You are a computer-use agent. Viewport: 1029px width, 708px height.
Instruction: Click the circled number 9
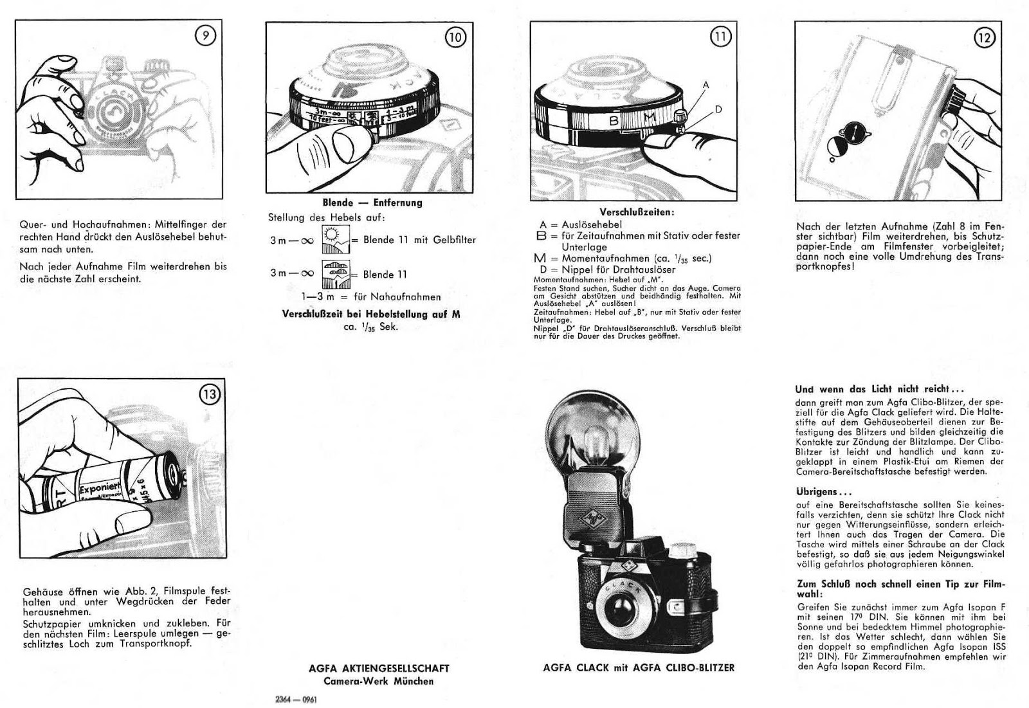(x=205, y=37)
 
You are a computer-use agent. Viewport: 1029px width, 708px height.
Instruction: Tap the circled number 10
(x=455, y=37)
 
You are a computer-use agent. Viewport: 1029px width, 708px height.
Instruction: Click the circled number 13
(x=210, y=394)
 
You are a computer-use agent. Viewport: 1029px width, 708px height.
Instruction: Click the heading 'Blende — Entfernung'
(x=372, y=203)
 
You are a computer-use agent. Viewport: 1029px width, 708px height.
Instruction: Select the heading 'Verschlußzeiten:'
(x=637, y=212)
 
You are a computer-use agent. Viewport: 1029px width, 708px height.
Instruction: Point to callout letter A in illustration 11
(x=706, y=85)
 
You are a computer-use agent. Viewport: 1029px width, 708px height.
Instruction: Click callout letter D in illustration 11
(x=718, y=109)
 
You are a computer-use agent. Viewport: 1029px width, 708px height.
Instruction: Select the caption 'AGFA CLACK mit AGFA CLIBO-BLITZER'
(x=639, y=667)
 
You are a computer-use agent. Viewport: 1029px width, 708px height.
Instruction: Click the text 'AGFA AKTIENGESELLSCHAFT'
(x=379, y=669)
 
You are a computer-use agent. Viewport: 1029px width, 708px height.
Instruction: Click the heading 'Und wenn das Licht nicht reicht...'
(x=879, y=389)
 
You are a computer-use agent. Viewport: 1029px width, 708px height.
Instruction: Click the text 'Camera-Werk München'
(x=379, y=681)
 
